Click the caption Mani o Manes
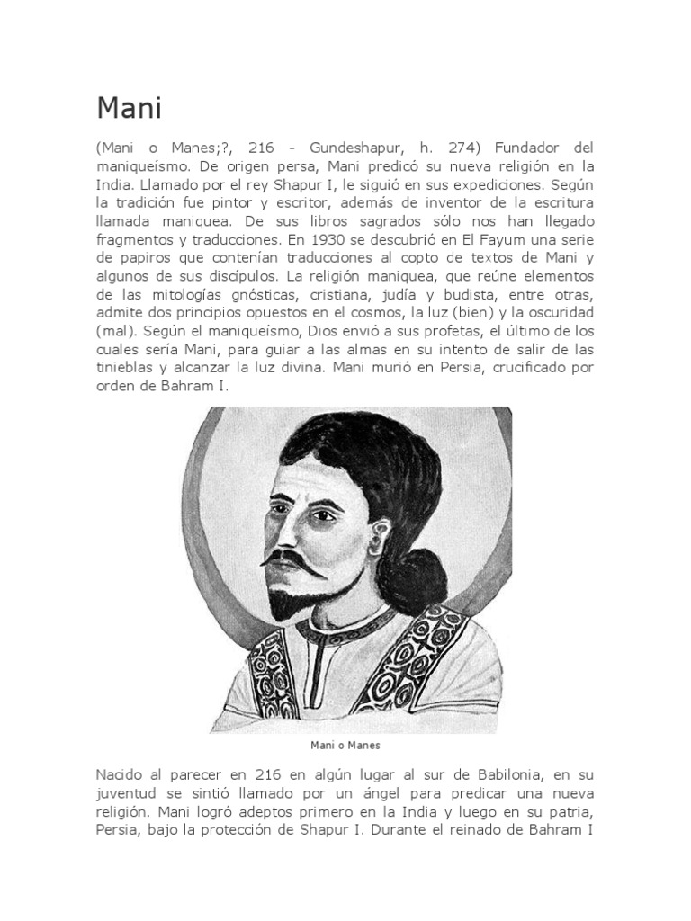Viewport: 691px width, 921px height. coord(345,746)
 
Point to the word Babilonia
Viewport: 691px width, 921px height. coord(499,775)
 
